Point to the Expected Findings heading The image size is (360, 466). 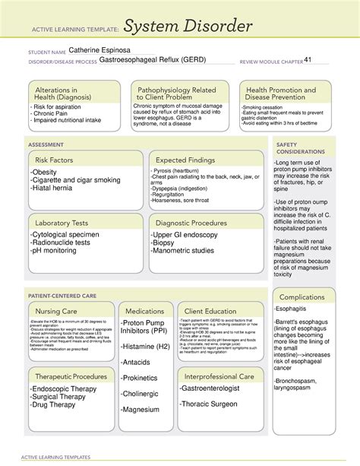tap(188, 160)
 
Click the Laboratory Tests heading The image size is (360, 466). tap(61, 223)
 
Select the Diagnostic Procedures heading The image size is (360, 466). tap(194, 223)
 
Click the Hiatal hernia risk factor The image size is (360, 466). tap(61, 188)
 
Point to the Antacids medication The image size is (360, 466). tap(137, 361)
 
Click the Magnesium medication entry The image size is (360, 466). tap(141, 409)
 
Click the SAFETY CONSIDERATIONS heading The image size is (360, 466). tap(301, 148)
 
